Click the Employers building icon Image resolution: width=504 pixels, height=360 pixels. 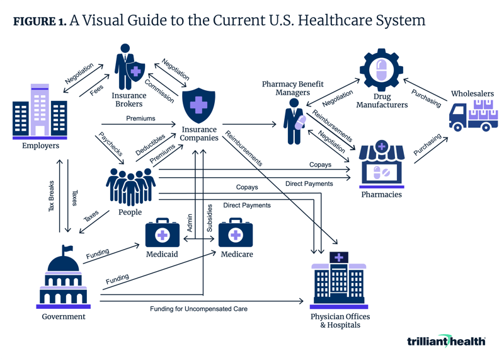click(x=40, y=111)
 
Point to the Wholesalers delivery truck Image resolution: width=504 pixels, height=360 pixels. click(x=472, y=115)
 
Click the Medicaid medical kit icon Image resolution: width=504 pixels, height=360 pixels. click(x=162, y=234)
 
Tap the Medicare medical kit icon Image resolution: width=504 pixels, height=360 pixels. click(x=236, y=234)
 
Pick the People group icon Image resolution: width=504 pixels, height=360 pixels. click(x=130, y=184)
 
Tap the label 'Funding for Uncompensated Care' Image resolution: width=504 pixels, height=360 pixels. click(x=198, y=309)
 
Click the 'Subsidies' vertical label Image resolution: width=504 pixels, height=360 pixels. click(x=210, y=220)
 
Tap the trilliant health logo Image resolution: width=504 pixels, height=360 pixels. click(x=446, y=340)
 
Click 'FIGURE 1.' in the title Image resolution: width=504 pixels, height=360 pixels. click(x=39, y=21)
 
